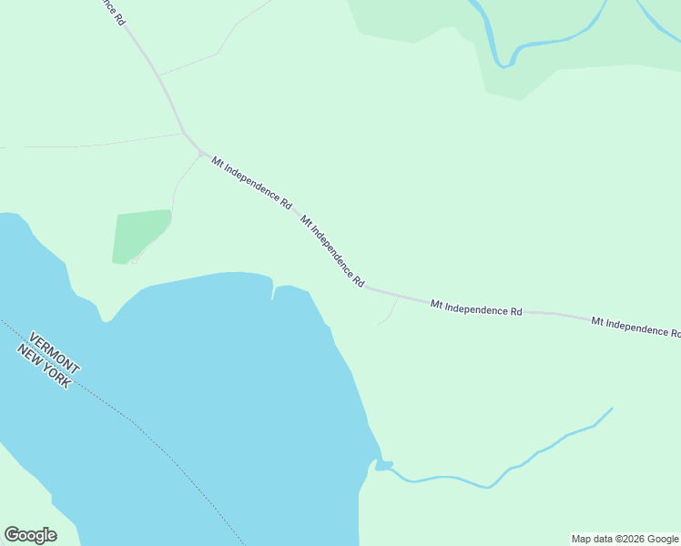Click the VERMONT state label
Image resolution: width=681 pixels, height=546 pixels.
pos(55,349)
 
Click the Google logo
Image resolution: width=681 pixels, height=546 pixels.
pos(30,535)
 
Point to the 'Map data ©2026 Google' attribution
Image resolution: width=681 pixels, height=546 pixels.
pos(625,539)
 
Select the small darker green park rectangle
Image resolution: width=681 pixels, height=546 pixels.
pos(141,236)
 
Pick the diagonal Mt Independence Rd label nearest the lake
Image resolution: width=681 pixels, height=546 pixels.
pos(332,252)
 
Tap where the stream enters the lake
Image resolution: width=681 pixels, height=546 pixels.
pos(382,466)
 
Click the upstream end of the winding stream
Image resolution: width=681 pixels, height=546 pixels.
pos(611,409)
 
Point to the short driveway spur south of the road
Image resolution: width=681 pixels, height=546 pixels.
pos(390,311)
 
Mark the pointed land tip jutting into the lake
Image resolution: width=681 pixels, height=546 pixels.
pos(107,318)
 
